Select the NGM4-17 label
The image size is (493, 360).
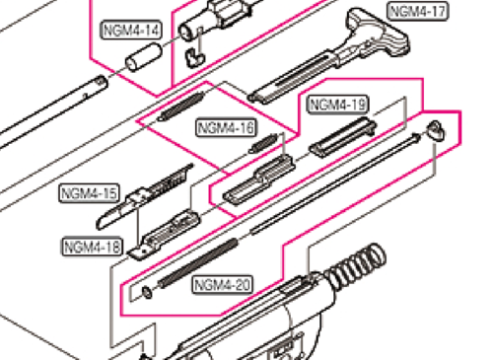point(417,12)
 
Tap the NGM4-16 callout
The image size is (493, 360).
point(226,127)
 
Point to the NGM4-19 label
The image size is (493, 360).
point(338,105)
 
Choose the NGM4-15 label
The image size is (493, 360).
point(90,191)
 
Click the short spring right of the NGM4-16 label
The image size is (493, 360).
point(260,142)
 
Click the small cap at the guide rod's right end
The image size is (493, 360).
point(438,126)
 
